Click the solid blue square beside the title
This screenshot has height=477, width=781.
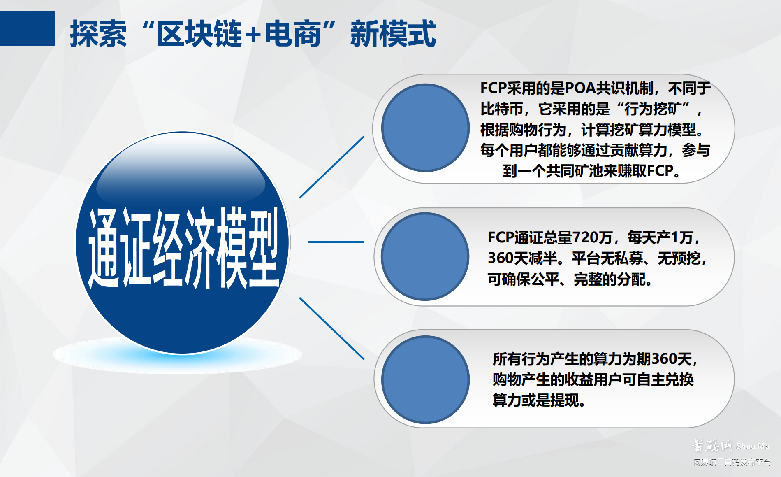coord(27,28)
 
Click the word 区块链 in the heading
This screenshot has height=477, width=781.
coord(199,34)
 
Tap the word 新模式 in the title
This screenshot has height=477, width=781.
coord(393,34)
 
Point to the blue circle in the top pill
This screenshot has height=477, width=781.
coord(425,128)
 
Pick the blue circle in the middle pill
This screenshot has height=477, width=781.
coord(425,256)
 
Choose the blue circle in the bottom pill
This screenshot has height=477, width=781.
coord(425,379)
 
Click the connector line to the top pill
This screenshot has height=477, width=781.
coord(331,167)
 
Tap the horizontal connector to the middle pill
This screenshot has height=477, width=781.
coord(336,242)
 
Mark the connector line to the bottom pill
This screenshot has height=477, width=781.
coord(331,328)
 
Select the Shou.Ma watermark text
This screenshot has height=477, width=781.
coord(752,447)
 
